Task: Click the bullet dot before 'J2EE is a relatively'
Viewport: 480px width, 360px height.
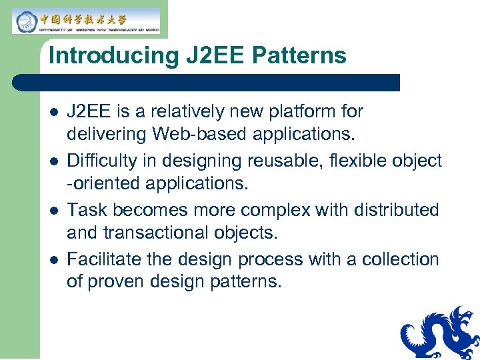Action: point(53,112)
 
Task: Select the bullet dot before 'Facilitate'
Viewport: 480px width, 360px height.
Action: point(53,260)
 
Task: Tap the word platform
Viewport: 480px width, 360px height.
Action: point(300,111)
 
